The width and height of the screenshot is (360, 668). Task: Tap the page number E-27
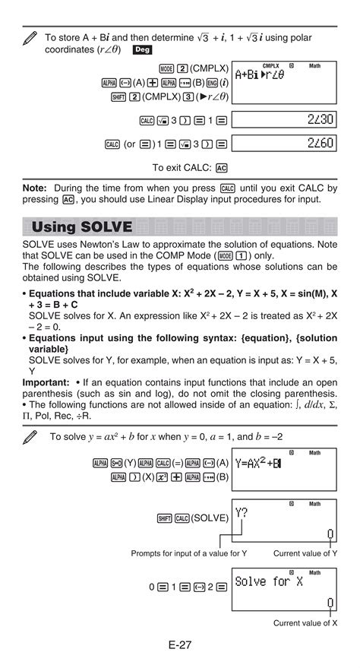pyautogui.click(x=180, y=644)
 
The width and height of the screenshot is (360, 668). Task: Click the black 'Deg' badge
pyautogui.click(x=142, y=49)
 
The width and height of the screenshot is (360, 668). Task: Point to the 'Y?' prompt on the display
pyautogui.click(x=242, y=513)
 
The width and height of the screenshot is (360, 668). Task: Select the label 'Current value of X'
pyautogui.click(x=305, y=623)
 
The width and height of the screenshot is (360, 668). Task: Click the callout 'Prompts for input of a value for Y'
pyautogui.click(x=188, y=553)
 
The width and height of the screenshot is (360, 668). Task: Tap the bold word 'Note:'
pyautogui.click(x=35, y=187)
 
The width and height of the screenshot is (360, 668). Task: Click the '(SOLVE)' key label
pyautogui.click(x=210, y=518)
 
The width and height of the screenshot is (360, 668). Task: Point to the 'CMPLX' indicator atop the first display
pyautogui.click(x=270, y=66)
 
